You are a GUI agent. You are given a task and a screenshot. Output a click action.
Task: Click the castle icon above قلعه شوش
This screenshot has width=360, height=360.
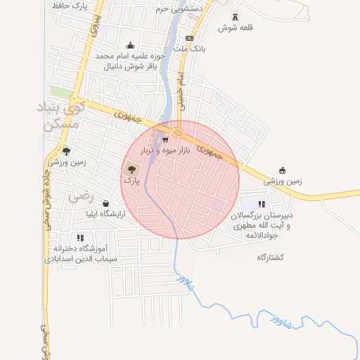coord(234,17)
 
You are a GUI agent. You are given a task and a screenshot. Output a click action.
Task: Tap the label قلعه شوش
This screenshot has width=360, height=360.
coord(234,27)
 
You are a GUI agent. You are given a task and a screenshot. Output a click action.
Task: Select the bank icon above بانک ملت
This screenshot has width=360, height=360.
coord(189,38)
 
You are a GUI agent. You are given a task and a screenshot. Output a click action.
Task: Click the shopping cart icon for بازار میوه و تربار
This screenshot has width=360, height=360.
coord(165,140)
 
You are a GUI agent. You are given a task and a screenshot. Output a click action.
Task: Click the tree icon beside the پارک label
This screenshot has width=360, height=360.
coord(131,169)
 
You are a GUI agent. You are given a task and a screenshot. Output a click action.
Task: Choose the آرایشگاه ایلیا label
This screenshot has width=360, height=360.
coord(105,214)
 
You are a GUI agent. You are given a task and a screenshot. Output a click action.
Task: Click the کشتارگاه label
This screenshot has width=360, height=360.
coord(270,257)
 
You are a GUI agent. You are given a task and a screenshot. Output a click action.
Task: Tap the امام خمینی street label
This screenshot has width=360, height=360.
coord(181,88)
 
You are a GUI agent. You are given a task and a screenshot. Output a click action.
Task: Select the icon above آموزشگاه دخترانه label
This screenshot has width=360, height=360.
coord(80,238)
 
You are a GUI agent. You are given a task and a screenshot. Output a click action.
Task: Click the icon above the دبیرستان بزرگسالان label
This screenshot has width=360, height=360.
coord(262,204)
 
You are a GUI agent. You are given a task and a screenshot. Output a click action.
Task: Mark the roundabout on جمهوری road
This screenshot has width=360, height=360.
coord(177,132)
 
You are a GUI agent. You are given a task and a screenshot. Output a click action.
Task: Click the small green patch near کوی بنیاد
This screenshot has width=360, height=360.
coord(60,92)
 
